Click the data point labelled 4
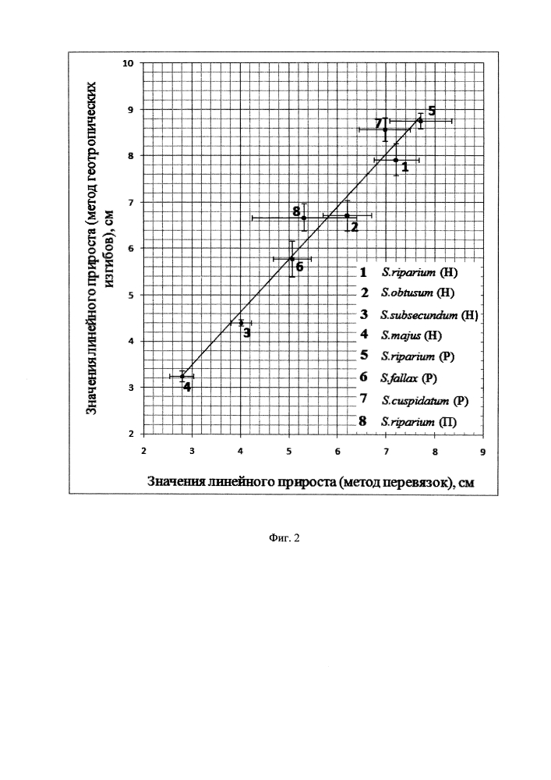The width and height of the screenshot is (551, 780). tap(182, 376)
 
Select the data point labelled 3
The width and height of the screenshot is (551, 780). tap(241, 323)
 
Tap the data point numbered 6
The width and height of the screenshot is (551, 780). tap(292, 259)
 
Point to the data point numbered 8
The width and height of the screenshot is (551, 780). tap(304, 218)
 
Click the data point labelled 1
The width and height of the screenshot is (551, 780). tap(396, 160)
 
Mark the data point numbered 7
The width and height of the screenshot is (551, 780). tap(385, 129)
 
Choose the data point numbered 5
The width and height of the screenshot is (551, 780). tap(420, 120)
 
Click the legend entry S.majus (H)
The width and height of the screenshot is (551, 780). tap(411, 335)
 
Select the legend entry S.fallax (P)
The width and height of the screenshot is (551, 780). tap(409, 378)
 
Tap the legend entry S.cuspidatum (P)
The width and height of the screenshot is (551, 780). tap(424, 400)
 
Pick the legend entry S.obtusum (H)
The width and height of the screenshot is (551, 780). tap(418, 292)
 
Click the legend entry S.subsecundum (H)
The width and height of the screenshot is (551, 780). tap(429, 314)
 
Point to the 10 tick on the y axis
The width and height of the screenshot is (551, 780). tap(129, 63)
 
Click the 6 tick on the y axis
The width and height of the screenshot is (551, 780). tap(131, 248)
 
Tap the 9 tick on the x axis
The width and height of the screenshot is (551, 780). tap(482, 452)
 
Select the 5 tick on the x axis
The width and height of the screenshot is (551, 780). tap(289, 452)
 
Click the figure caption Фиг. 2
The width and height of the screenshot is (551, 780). tap(284, 537)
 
